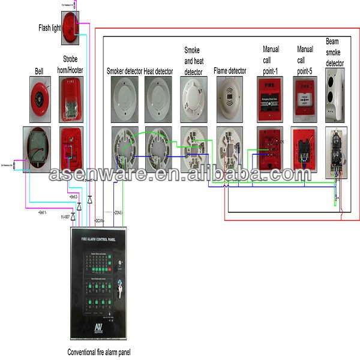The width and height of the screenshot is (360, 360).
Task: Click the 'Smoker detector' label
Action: click(x=124, y=71)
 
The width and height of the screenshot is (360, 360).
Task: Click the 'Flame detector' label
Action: click(x=230, y=71)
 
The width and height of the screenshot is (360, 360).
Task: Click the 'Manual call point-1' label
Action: click(x=271, y=60)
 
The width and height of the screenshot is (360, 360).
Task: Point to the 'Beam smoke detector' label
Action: click(x=335, y=52)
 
